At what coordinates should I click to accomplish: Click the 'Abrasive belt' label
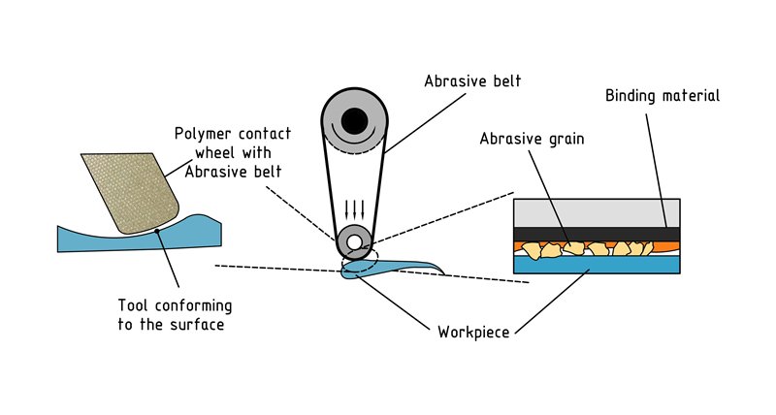pyautogui.click(x=472, y=81)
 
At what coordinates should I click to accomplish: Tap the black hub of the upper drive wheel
pyautogui.click(x=356, y=121)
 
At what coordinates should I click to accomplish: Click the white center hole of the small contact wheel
pyautogui.click(x=356, y=242)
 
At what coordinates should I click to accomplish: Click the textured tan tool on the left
pyautogui.click(x=128, y=189)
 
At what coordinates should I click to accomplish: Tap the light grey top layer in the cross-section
pyautogui.click(x=597, y=212)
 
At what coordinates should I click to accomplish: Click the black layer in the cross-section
pyautogui.click(x=597, y=234)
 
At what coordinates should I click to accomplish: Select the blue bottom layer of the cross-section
pyautogui.click(x=597, y=264)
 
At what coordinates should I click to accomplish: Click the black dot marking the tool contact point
pyautogui.click(x=156, y=234)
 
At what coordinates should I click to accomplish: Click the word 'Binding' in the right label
pyautogui.click(x=635, y=96)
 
